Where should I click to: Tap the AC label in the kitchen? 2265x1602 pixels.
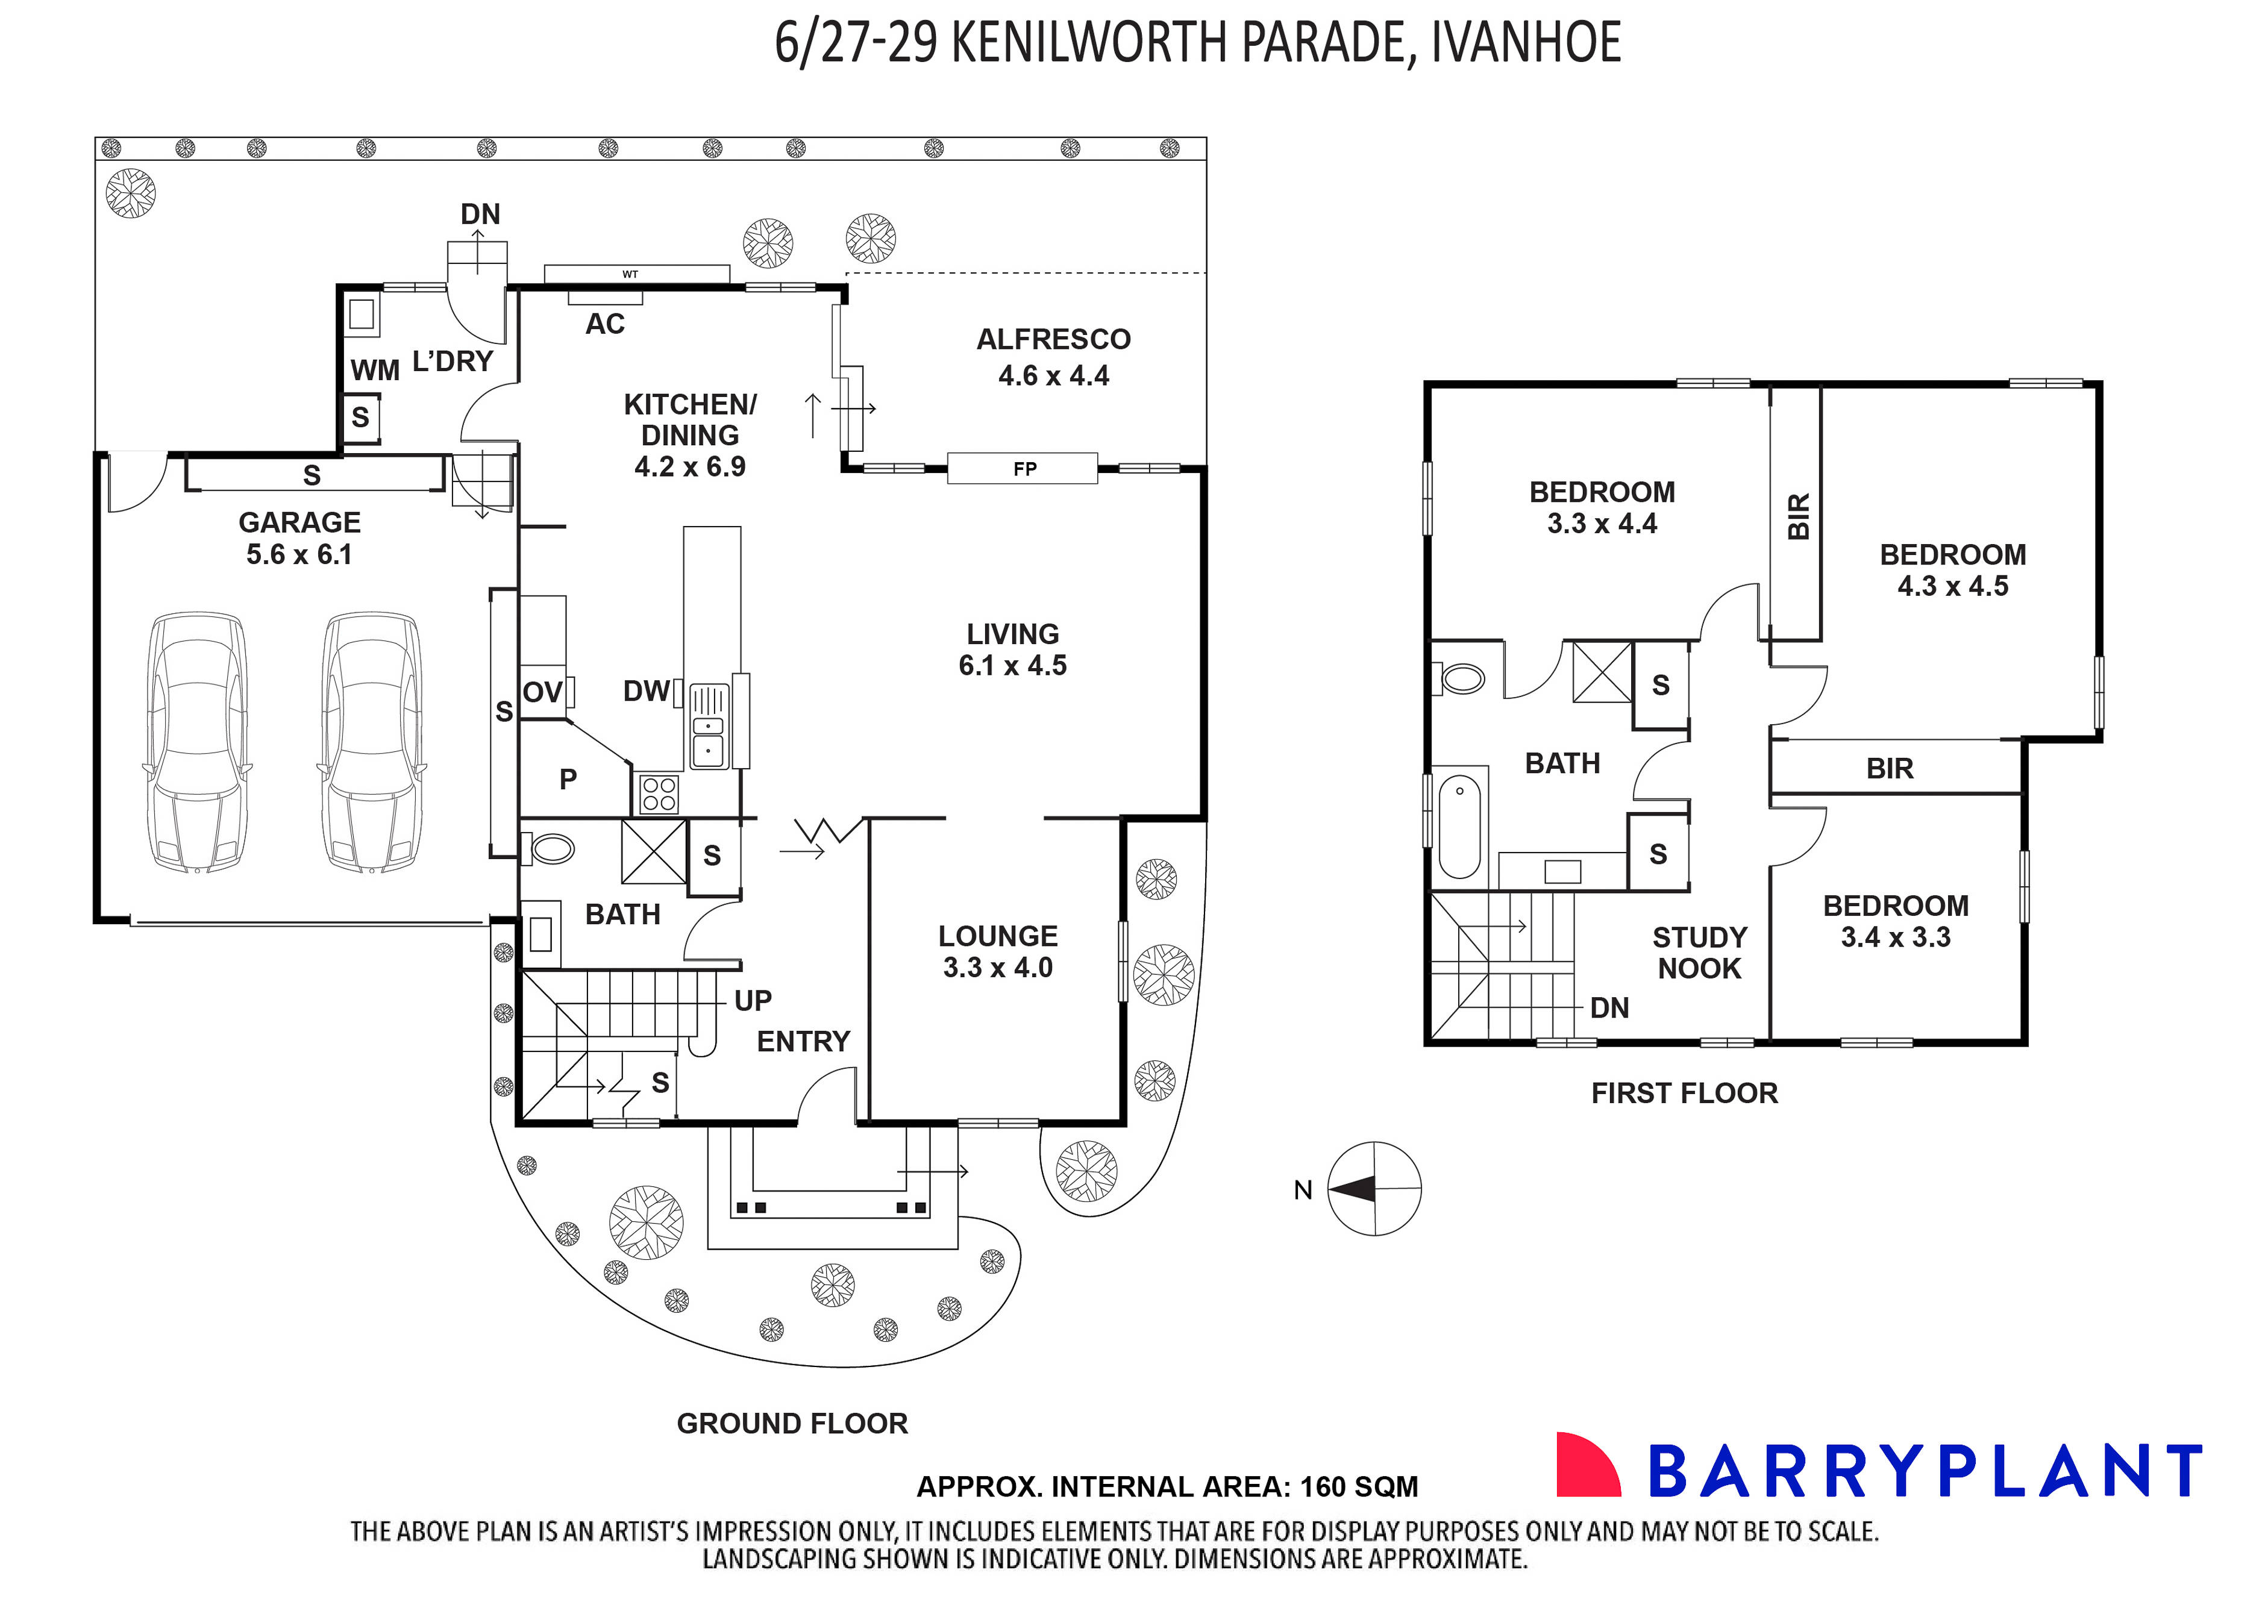click(605, 325)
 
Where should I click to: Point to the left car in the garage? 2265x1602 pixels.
click(197, 742)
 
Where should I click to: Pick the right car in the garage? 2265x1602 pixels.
click(371, 742)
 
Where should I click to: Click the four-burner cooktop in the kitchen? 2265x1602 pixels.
click(659, 794)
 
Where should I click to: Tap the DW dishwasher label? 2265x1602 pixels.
click(646, 692)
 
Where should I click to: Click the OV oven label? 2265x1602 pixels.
click(542, 692)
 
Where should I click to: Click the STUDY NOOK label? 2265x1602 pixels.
click(1699, 953)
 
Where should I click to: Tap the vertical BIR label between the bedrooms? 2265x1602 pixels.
click(1799, 516)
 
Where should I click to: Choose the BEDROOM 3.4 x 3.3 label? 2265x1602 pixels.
click(1895, 921)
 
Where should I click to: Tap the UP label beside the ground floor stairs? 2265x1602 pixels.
click(753, 1001)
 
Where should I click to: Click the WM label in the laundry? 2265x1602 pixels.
click(375, 371)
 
